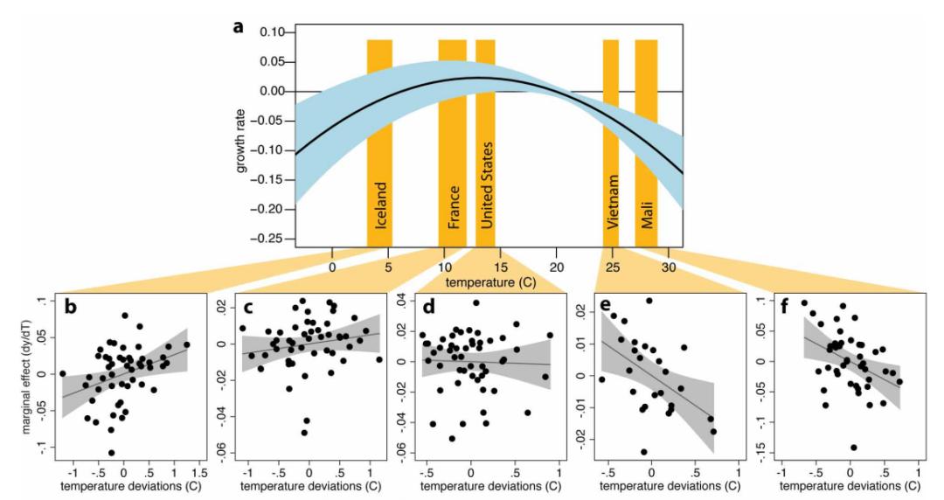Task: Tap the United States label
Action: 487,183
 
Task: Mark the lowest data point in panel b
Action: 112,453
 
